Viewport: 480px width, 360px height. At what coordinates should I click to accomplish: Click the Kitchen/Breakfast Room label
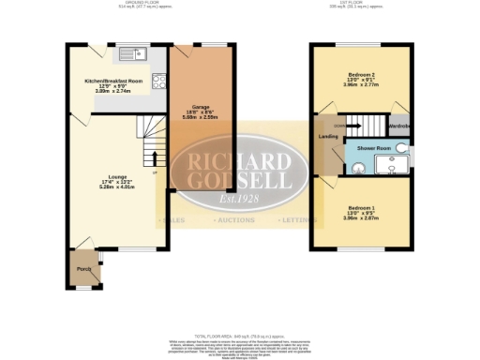112,82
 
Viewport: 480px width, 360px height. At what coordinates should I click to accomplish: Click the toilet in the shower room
401,147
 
